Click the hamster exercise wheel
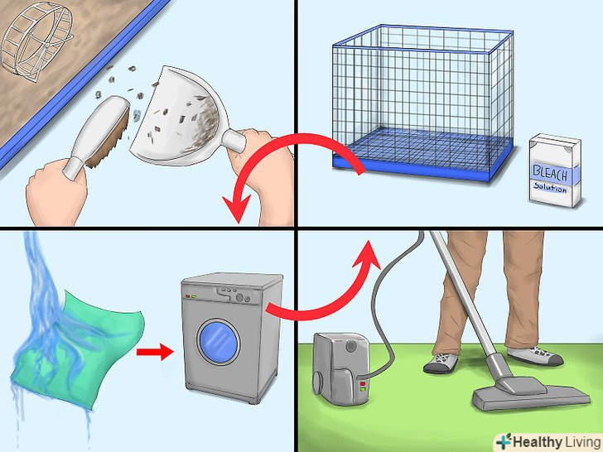(36, 42)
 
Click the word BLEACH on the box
(550, 174)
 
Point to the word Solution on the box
(550, 188)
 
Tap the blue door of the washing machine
(219, 342)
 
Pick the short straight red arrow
(155, 352)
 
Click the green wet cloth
(77, 346)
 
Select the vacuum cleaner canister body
(340, 369)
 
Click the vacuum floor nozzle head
(531, 392)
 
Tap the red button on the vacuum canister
(362, 383)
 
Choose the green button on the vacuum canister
(362, 389)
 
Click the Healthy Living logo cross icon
(504, 441)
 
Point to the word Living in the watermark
(581, 441)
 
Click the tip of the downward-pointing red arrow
(238, 223)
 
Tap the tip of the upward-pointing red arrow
(369, 241)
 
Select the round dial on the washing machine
(240, 298)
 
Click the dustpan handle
(234, 141)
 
